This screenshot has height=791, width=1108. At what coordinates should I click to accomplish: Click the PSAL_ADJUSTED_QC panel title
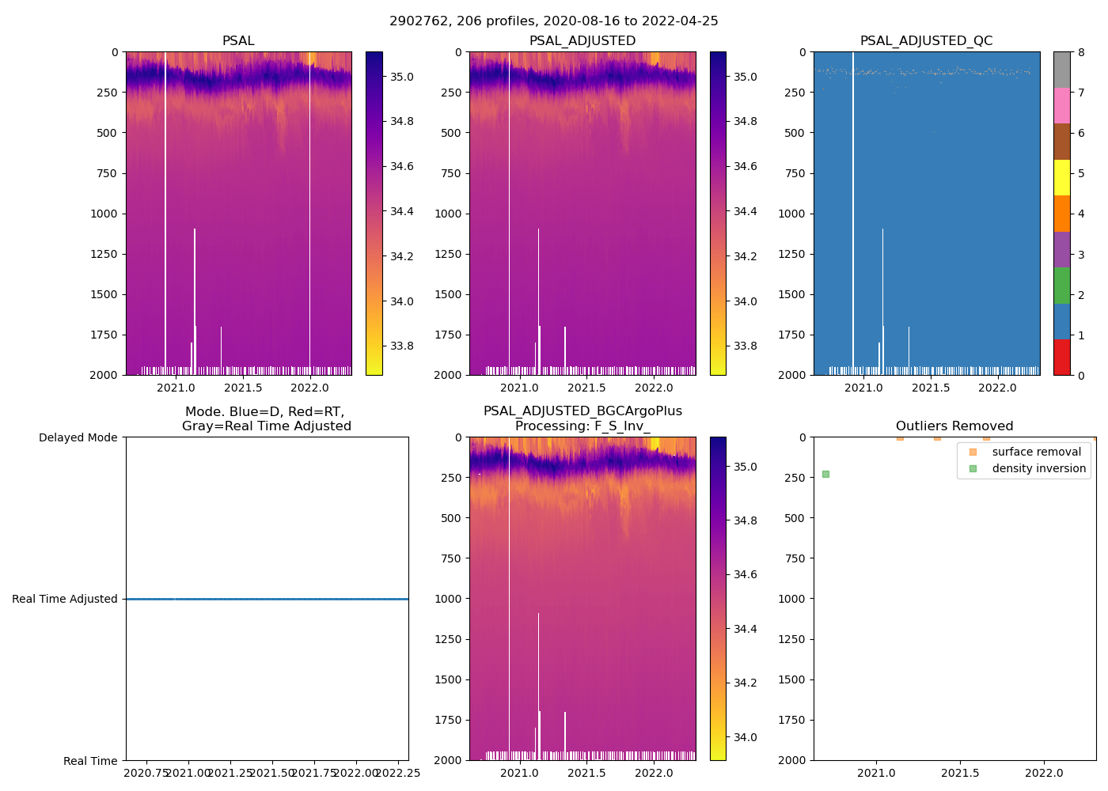[x=926, y=41]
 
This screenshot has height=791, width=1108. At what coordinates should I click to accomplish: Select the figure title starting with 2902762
[x=553, y=21]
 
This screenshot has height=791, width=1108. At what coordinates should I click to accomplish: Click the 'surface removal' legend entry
[x=1036, y=452]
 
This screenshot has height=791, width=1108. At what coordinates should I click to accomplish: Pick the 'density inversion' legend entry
[x=1038, y=468]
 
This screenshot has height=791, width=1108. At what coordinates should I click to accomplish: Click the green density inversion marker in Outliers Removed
[x=825, y=474]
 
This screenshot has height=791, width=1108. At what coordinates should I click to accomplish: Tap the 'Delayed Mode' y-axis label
[x=78, y=437]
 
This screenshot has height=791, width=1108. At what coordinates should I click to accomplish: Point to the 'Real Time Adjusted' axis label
[x=64, y=599]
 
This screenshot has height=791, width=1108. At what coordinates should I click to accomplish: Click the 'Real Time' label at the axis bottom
[x=90, y=761]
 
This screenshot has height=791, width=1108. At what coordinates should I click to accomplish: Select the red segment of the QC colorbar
[x=1061, y=358]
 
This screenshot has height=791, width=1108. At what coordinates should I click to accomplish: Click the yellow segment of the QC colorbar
[x=1061, y=177]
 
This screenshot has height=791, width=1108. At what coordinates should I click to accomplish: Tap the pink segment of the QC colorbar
[x=1061, y=105]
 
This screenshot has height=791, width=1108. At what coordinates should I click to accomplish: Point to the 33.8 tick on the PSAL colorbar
[x=401, y=346]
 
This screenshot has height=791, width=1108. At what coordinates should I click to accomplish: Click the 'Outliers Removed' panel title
[x=954, y=426]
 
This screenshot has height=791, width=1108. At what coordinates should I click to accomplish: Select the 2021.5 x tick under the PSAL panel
[x=243, y=388]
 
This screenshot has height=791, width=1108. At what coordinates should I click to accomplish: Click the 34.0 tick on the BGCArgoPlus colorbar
[x=746, y=737]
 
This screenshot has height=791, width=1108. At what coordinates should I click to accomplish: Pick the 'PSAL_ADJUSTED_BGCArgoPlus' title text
[x=582, y=411]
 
